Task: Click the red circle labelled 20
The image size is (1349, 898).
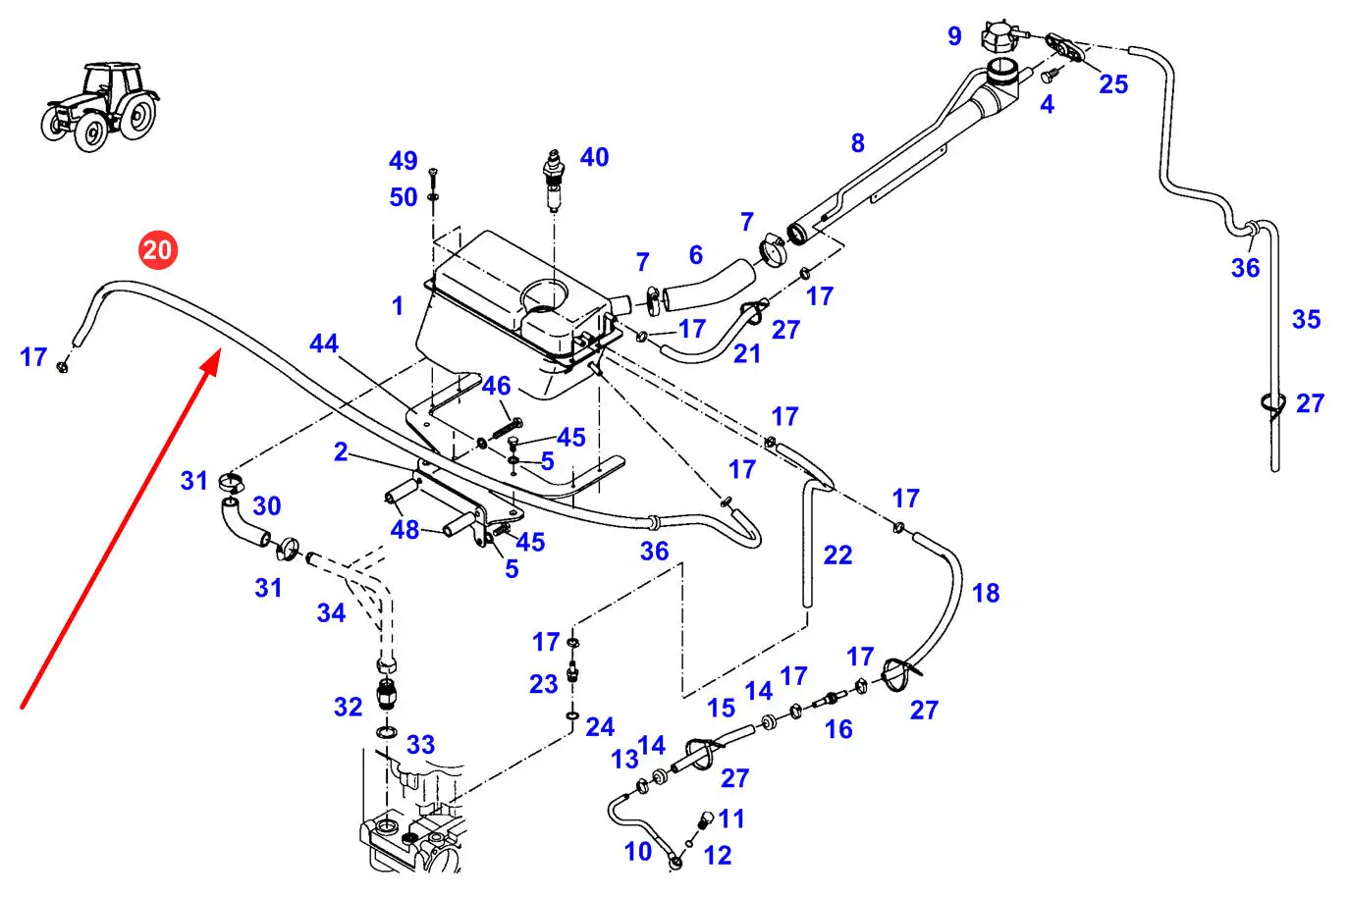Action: click(x=157, y=249)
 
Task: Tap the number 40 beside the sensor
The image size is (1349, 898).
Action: click(x=594, y=157)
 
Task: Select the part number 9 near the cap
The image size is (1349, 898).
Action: click(x=954, y=36)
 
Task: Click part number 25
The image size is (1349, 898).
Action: click(x=1113, y=84)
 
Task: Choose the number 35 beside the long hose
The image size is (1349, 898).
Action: click(x=1306, y=319)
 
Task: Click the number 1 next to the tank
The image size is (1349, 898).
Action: click(x=398, y=306)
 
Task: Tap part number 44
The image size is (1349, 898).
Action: click(x=324, y=343)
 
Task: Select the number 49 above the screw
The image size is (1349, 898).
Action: click(x=404, y=161)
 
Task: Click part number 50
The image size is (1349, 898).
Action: click(x=404, y=197)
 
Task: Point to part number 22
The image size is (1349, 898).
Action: click(x=837, y=555)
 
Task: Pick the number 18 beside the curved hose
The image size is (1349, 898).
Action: click(x=986, y=593)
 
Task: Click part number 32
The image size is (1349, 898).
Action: click(x=349, y=707)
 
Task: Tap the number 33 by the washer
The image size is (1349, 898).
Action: click(x=420, y=744)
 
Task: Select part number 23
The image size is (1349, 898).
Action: click(x=544, y=684)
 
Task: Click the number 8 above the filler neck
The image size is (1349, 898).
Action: click(x=857, y=143)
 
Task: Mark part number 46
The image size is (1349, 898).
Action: click(x=497, y=386)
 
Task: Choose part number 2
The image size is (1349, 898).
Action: click(x=341, y=451)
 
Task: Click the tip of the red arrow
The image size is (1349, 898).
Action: click(x=216, y=358)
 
